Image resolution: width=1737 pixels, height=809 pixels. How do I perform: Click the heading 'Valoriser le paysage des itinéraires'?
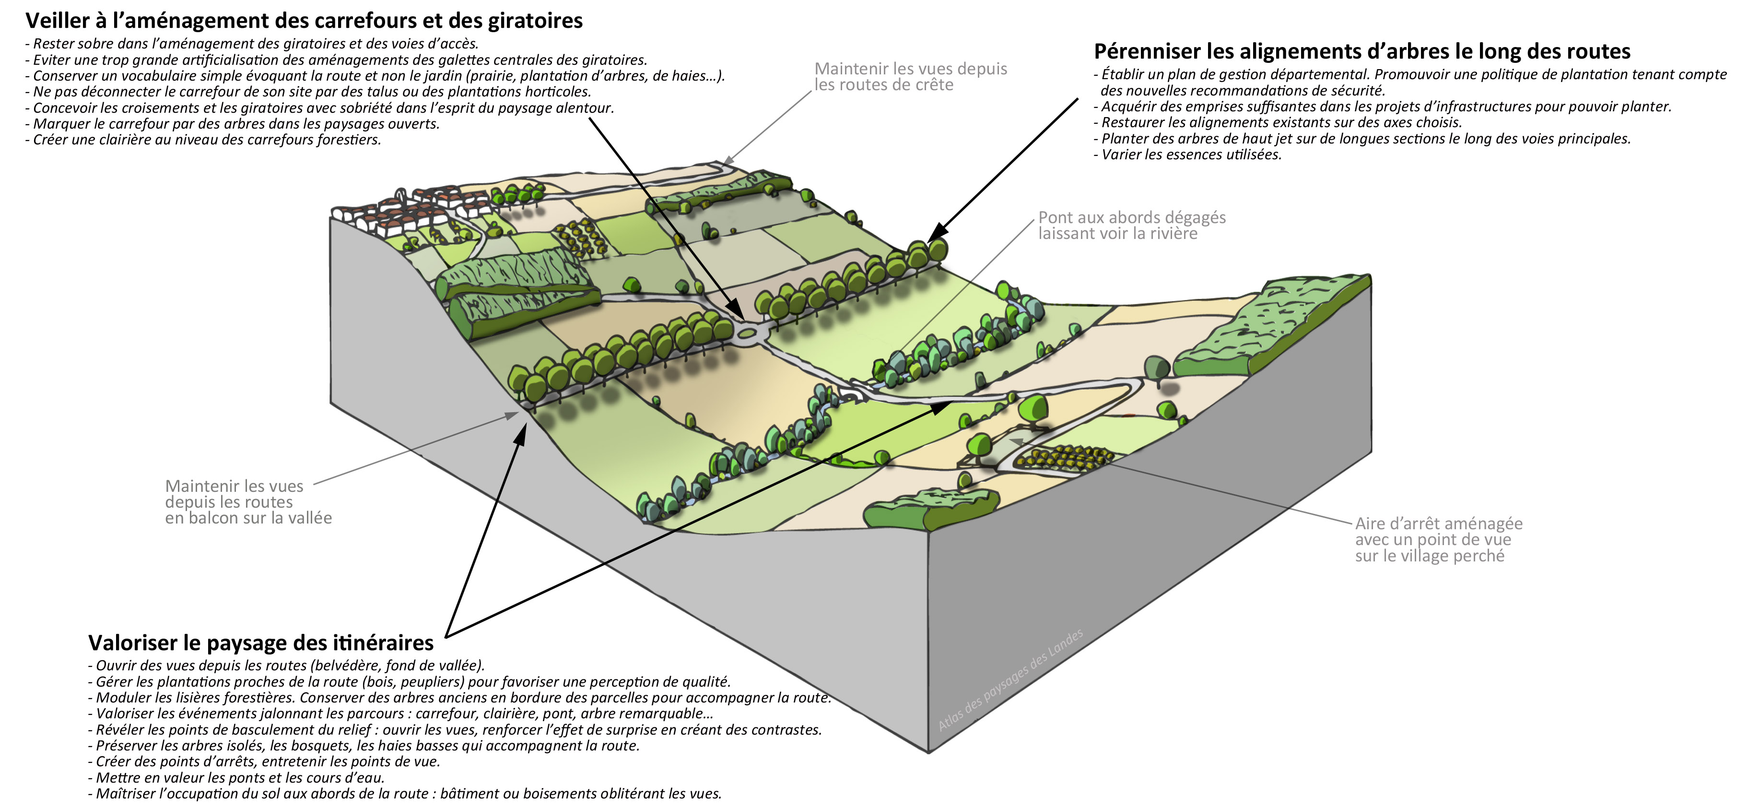(261, 643)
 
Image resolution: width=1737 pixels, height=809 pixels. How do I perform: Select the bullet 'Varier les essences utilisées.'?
(1191, 155)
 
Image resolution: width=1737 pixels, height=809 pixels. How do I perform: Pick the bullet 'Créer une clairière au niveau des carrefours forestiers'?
(206, 140)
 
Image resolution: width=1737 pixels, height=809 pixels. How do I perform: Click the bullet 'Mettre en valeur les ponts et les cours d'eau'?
(239, 778)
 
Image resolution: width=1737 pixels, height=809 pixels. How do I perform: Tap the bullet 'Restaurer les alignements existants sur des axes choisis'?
(1281, 123)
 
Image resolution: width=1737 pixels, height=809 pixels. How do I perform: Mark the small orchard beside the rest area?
(1062, 457)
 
